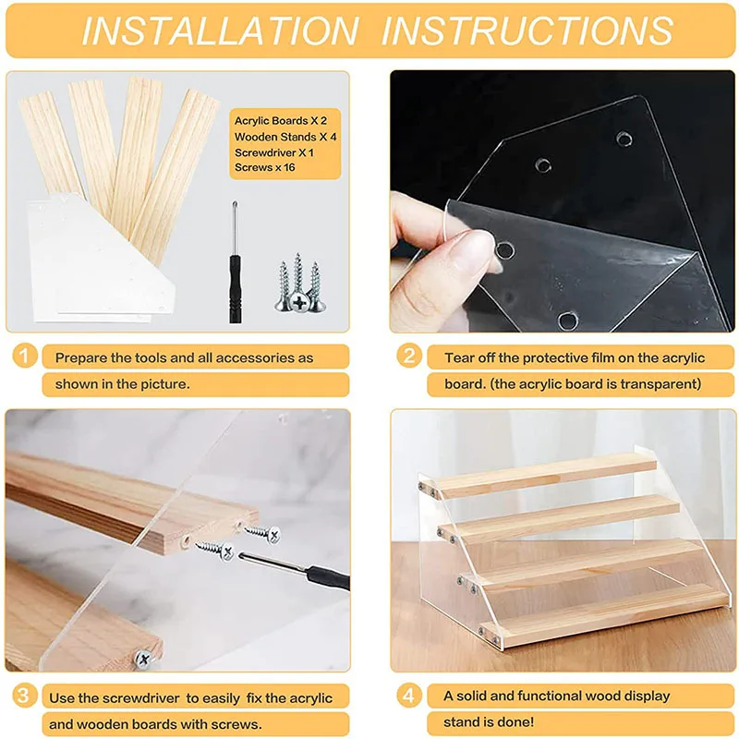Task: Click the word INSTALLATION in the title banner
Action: (221, 30)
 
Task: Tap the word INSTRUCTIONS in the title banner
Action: (527, 30)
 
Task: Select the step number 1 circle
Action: (25, 356)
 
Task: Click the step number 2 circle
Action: (409, 356)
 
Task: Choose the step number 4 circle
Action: (409, 696)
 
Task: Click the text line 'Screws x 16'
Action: (265, 167)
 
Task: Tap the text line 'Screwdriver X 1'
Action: (273, 152)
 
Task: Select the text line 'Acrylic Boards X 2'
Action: (281, 121)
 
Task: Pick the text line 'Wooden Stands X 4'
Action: (285, 137)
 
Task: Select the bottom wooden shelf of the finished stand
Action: (606, 615)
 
